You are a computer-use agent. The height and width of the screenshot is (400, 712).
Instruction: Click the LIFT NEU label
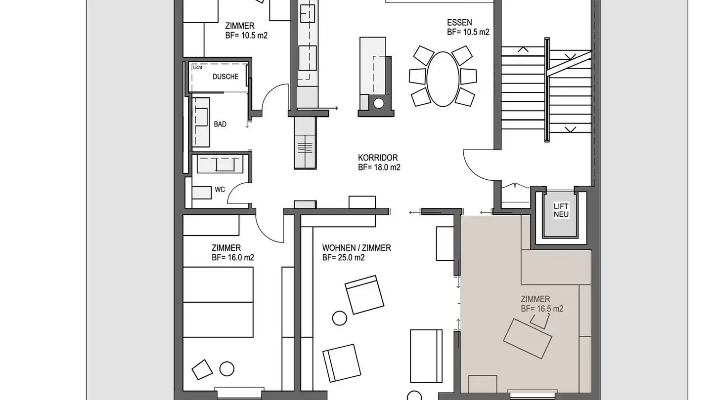(561, 210)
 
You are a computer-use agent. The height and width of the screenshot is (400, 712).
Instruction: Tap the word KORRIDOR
(378, 158)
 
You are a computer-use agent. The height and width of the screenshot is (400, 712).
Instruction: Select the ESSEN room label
(459, 23)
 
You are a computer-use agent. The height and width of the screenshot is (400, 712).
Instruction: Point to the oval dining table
(443, 79)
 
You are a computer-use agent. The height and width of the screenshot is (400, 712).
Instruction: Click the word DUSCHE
(225, 77)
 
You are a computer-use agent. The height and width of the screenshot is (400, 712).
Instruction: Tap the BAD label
(220, 124)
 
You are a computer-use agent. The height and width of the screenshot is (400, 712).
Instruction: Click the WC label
(220, 190)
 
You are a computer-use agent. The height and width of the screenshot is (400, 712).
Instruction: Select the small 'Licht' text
(197, 67)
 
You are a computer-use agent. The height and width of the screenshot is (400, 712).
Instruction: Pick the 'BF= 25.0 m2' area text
(343, 257)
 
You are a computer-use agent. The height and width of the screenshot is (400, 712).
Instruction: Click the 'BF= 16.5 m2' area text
(542, 309)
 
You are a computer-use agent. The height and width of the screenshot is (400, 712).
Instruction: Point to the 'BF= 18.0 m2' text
(379, 167)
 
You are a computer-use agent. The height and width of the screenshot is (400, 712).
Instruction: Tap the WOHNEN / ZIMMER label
(356, 248)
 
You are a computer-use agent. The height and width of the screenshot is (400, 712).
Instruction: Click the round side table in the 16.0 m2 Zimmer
(227, 369)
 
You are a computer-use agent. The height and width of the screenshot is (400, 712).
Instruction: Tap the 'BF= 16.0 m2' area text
(233, 257)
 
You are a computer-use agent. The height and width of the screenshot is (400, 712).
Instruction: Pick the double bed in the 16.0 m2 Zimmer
(218, 302)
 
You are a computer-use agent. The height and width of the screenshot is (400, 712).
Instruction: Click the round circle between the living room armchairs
(340, 318)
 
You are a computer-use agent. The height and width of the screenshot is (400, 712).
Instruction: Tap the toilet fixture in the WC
(202, 193)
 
